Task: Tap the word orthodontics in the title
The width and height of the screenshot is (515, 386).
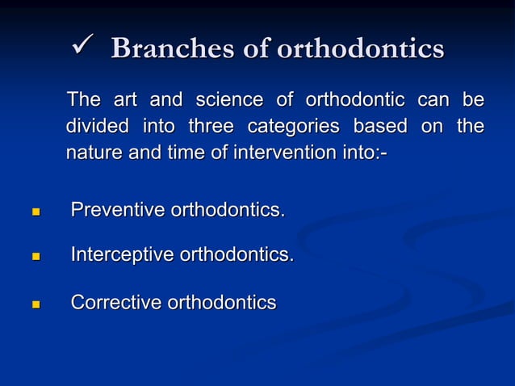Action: tap(360, 48)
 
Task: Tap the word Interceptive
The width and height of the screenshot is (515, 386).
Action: tap(123, 255)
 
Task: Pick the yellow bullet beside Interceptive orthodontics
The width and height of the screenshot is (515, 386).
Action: tap(36, 258)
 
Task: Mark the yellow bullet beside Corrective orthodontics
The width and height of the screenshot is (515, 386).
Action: tap(36, 305)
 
